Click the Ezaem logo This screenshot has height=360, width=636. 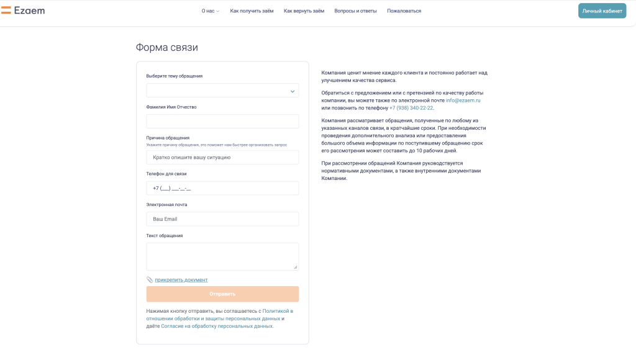(x=23, y=11)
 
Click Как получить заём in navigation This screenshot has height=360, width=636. (x=252, y=11)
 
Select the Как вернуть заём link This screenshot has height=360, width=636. (x=304, y=11)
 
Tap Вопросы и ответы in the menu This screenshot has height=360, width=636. (x=355, y=11)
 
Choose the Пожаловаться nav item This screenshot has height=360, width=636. (x=404, y=11)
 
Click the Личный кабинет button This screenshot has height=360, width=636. (x=602, y=11)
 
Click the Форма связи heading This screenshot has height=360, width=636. (x=167, y=47)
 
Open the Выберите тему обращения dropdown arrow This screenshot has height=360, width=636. (x=293, y=91)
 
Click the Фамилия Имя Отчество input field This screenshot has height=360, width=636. (x=222, y=121)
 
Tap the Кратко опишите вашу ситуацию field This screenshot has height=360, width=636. (x=222, y=157)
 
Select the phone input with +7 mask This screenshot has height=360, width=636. (x=222, y=188)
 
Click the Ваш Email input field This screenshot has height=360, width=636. (x=222, y=219)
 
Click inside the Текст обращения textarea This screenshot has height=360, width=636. (x=222, y=256)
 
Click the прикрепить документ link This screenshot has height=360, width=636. (x=181, y=280)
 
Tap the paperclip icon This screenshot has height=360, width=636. (x=150, y=280)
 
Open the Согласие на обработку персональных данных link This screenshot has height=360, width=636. (x=217, y=326)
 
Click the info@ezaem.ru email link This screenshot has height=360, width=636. (x=463, y=100)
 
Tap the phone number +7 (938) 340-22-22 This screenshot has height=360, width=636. (x=411, y=108)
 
